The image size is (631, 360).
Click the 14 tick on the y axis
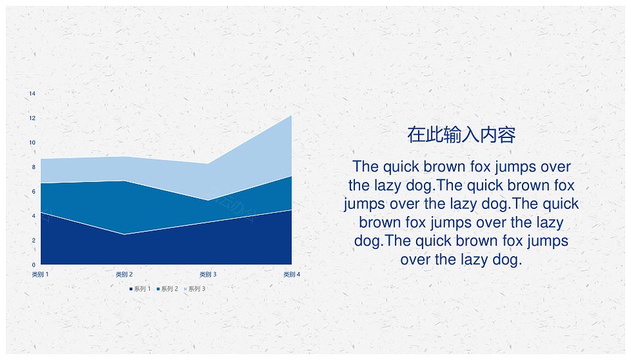[32, 93]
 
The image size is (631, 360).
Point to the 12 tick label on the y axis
[32, 118]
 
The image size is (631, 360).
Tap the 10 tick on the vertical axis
[32, 143]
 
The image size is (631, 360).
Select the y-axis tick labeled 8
[34, 167]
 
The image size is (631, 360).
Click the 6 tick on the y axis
[34, 191]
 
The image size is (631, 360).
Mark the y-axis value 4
[34, 215]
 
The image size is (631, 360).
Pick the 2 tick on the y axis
[34, 240]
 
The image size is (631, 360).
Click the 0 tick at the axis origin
[34, 265]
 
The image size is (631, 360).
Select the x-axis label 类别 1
[40, 275]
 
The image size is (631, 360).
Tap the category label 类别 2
[124, 275]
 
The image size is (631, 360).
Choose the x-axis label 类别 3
[208, 275]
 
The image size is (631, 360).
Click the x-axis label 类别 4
[292, 275]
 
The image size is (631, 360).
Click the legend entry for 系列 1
[140, 289]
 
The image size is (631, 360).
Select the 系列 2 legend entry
[168, 289]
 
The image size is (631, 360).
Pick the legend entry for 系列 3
[195, 289]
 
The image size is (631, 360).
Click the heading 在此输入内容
[461, 135]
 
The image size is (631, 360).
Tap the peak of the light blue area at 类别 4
[291, 116]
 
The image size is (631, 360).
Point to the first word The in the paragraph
[365, 166]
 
